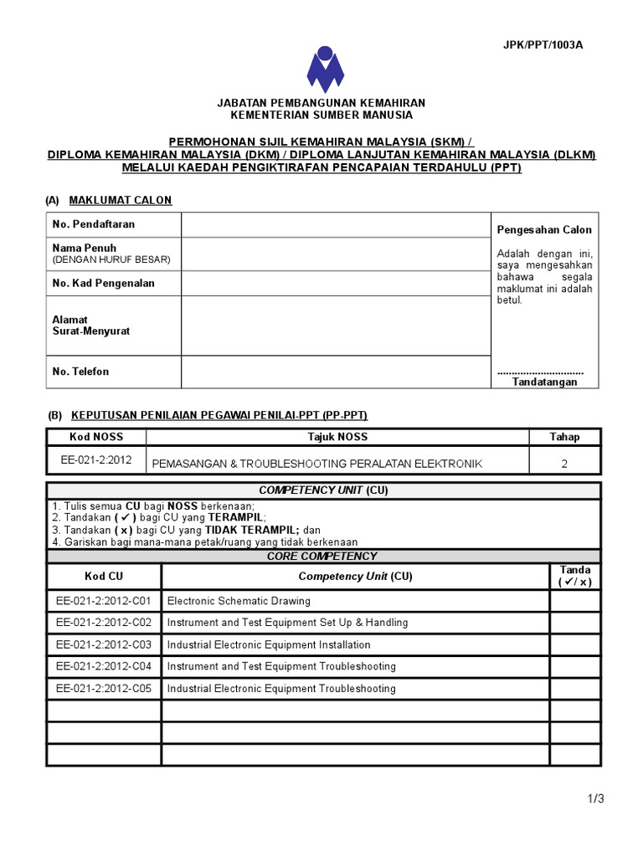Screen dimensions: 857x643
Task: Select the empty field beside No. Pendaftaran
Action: pyautogui.click(x=335, y=225)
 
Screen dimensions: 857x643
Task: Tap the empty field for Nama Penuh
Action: pyautogui.click(x=335, y=254)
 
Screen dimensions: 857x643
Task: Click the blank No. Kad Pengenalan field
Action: pyautogui.click(x=335, y=284)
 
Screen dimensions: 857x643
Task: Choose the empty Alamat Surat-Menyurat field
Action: pyautogui.click(x=335, y=326)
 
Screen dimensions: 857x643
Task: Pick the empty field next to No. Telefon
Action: pyautogui.click(x=335, y=372)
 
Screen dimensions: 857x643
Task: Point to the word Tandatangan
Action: pyautogui.click(x=544, y=382)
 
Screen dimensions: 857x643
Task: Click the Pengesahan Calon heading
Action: pyautogui.click(x=544, y=230)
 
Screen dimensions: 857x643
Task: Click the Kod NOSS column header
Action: pyautogui.click(x=95, y=437)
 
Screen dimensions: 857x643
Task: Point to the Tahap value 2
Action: pyautogui.click(x=564, y=464)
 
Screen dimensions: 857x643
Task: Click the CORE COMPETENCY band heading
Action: pyautogui.click(x=322, y=557)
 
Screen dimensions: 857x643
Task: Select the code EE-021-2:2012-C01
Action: pyautogui.click(x=104, y=601)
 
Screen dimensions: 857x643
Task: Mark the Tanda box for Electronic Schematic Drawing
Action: pyautogui.click(x=574, y=601)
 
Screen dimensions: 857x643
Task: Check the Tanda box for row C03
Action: pyautogui.click(x=574, y=644)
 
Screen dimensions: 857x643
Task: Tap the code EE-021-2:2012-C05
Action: pyautogui.click(x=104, y=689)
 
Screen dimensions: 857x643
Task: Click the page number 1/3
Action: pyautogui.click(x=595, y=799)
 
